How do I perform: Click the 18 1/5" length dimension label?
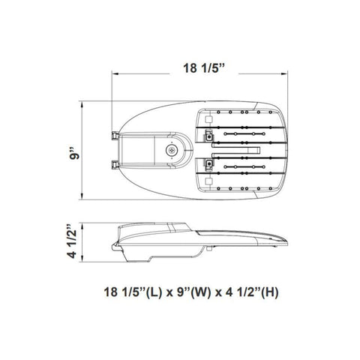point(204,68)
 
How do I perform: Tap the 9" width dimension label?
point(74,154)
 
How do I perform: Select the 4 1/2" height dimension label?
point(72,241)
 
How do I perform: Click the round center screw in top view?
point(172,150)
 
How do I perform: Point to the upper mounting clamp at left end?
point(115,136)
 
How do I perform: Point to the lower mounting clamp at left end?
point(115,164)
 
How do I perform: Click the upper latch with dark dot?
point(208,136)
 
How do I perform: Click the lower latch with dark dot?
point(208,163)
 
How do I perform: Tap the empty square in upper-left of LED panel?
point(208,119)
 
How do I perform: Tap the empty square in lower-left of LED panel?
point(208,181)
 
